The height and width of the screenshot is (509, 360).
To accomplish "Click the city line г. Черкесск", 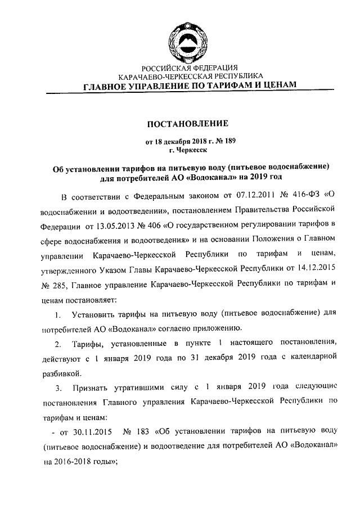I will pyautogui.click(x=188, y=150).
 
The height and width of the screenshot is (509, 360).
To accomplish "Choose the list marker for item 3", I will pyautogui.click(x=58, y=388).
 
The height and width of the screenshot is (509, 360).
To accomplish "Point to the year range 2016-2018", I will pyautogui.click(x=76, y=461).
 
